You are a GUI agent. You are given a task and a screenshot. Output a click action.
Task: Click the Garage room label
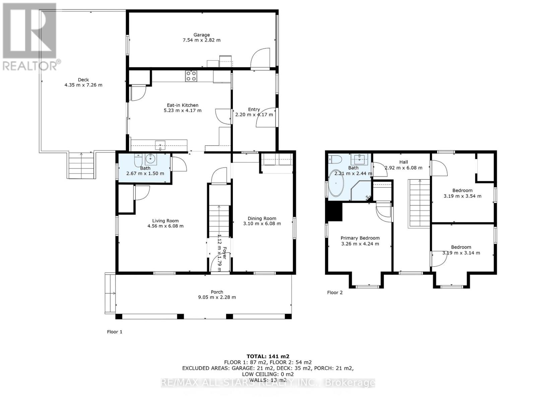click(x=201, y=35)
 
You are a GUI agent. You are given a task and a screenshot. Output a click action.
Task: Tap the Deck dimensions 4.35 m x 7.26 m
click(x=83, y=85)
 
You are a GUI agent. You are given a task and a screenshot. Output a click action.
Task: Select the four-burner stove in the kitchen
click(x=191, y=76)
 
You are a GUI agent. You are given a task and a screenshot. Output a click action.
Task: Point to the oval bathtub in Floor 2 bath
click(x=336, y=184)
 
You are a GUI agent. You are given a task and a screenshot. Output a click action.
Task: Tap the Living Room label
click(x=165, y=221)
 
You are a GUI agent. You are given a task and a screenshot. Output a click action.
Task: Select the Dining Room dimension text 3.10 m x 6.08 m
click(x=262, y=223)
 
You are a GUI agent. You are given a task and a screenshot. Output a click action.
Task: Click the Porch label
click(x=217, y=292)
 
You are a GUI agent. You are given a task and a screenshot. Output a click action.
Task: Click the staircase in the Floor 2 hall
click(x=419, y=203)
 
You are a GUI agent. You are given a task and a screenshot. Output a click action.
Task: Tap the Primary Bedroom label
click(x=360, y=238)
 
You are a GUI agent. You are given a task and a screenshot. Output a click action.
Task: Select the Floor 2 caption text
click(x=335, y=292)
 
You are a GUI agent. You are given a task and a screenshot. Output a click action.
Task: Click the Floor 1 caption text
click(x=115, y=332)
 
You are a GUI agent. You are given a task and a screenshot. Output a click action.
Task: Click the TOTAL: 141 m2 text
click(x=268, y=356)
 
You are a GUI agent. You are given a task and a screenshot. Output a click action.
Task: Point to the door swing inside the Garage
click(x=260, y=59)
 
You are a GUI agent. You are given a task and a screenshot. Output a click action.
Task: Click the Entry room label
click(x=254, y=109)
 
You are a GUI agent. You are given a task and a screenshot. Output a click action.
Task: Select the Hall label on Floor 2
click(x=403, y=162)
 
